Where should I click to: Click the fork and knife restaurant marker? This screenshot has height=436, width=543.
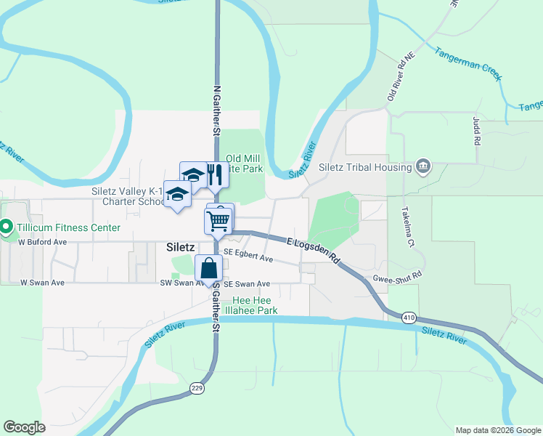[214, 175]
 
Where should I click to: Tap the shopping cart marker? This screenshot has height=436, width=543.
[219, 219]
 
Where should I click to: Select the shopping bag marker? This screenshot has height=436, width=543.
[209, 268]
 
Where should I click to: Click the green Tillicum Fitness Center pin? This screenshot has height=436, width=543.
[7, 227]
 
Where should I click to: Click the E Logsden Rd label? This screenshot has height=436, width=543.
[313, 249]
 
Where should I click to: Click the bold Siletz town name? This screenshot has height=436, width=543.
[180, 247]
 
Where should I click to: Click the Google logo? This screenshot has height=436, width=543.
[25, 427]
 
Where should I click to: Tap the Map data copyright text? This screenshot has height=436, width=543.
[498, 430]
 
